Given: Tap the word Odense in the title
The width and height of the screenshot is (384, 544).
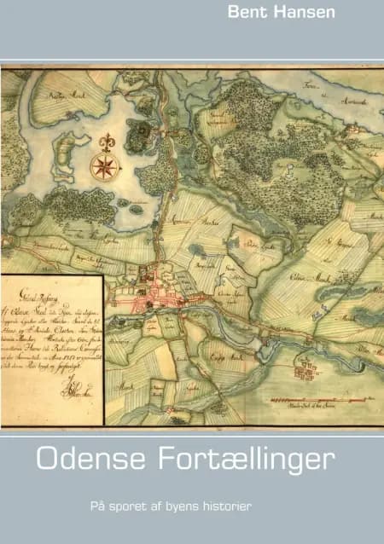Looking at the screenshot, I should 84,460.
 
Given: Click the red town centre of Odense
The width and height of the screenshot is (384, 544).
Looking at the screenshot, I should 158,294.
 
